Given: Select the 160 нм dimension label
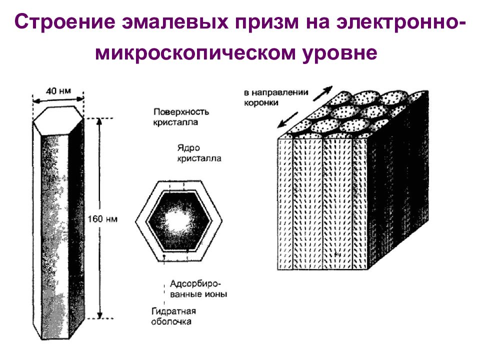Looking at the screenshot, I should click(x=102, y=218).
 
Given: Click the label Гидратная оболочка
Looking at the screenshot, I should click(x=171, y=315).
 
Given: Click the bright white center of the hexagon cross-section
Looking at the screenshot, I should click(x=177, y=219).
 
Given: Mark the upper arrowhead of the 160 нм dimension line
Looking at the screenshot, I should click(x=100, y=120).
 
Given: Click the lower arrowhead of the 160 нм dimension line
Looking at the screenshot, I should click(x=100, y=315).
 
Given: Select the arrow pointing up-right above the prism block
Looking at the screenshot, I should click(x=323, y=93).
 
